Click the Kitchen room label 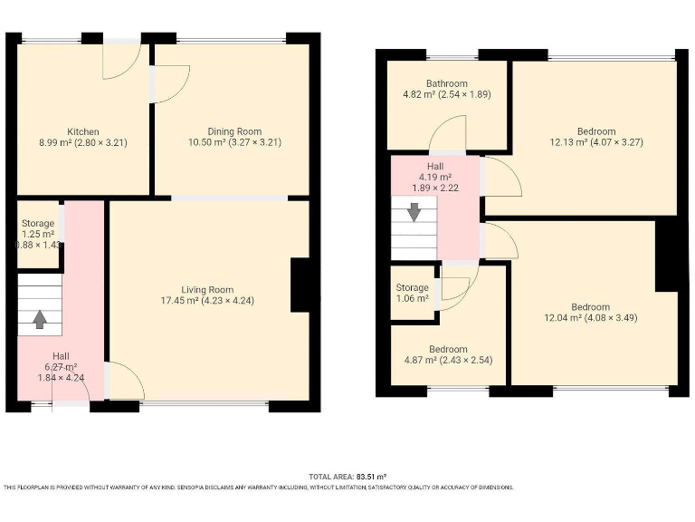coord(82,131)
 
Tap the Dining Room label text coord(223,131)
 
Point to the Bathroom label coord(447,83)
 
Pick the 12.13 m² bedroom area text coord(595,142)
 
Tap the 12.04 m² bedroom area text coord(589,318)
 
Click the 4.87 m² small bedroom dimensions coord(448,361)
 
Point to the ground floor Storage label coord(38,223)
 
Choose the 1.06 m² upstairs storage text coord(412,299)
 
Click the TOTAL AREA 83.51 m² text coord(347,476)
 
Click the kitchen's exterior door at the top coord(119,60)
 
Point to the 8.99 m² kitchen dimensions coord(82,143)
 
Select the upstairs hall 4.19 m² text coord(434,178)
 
